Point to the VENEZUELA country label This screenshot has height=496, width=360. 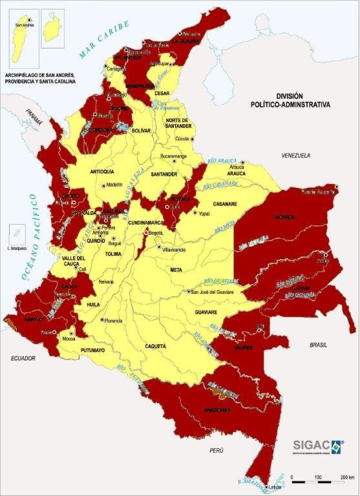[x=296, y=156]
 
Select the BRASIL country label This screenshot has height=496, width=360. [x=319, y=346]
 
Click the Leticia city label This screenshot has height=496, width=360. [x=275, y=486]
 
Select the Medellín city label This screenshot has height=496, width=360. [x=114, y=185]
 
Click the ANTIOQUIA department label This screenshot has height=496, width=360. [x=106, y=172]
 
